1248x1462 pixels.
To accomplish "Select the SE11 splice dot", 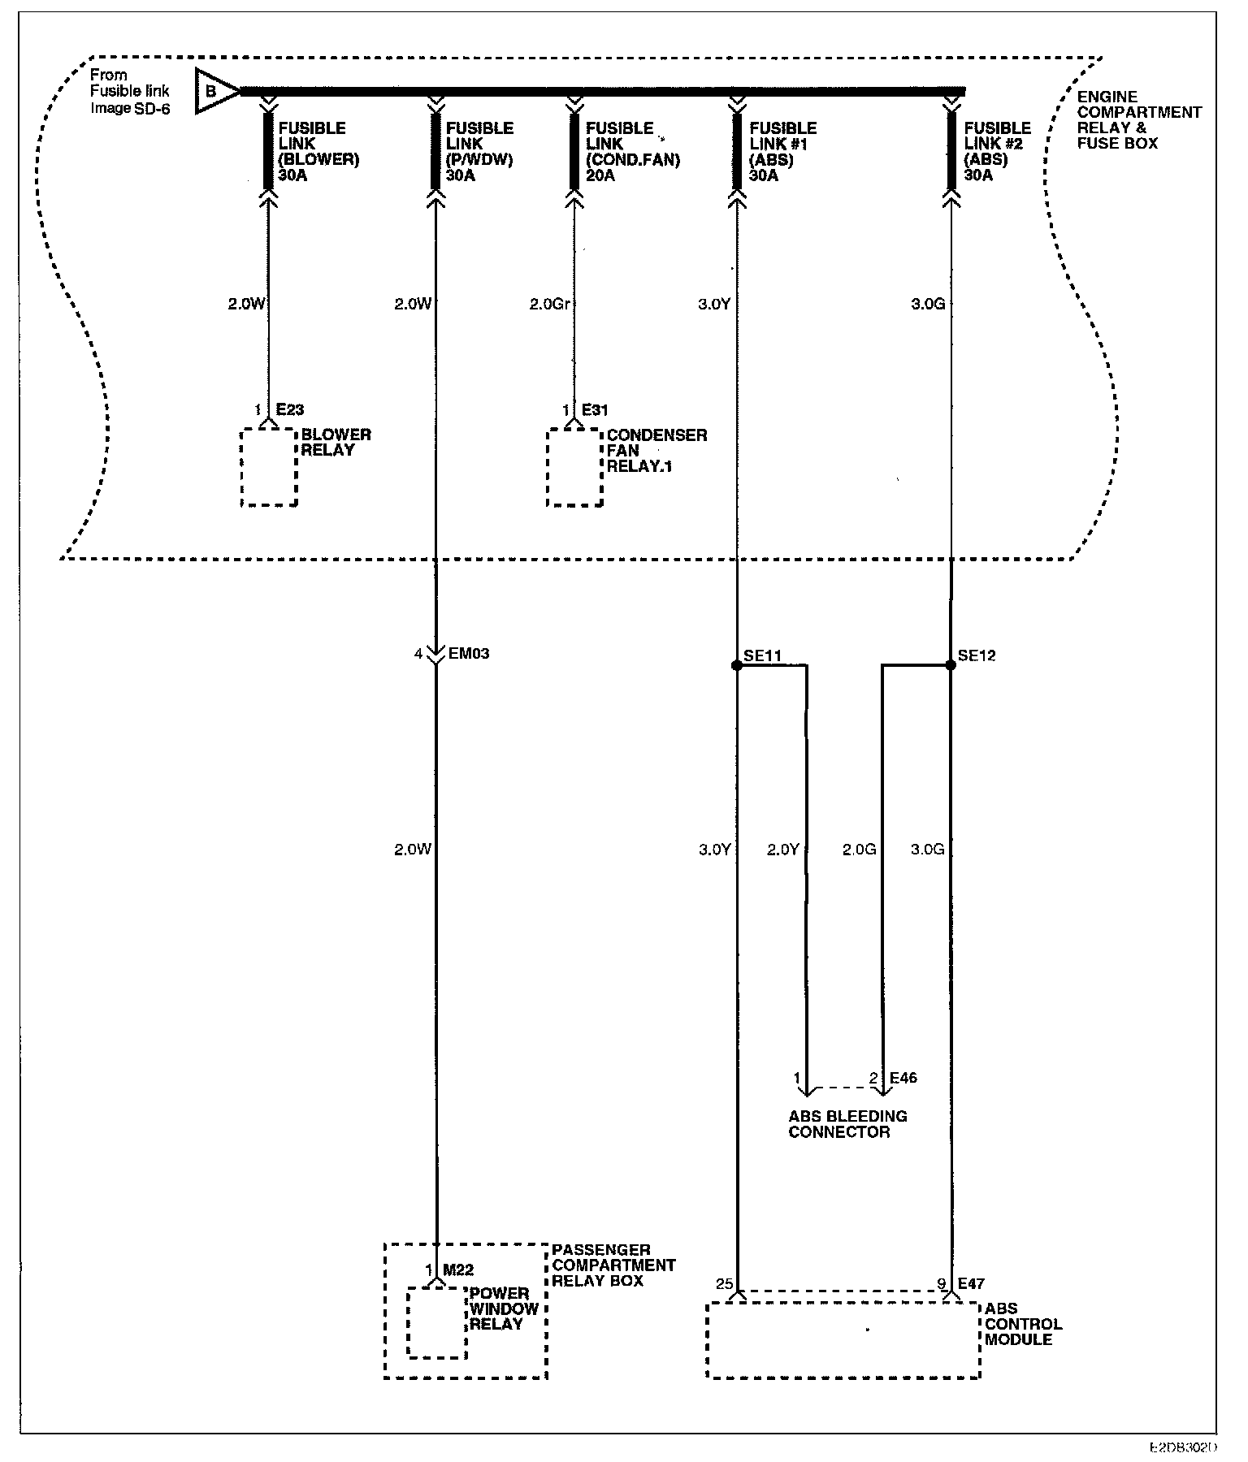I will (737, 665).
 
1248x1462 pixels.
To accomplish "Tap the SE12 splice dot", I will (951, 665).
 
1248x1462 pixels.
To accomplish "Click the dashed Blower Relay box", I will (269, 467).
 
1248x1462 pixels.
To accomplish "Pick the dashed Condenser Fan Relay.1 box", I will (574, 467).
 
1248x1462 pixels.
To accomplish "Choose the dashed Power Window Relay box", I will (436, 1322).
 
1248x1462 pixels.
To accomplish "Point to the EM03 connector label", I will (469, 653).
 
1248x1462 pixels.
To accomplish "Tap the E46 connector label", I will (903, 1078).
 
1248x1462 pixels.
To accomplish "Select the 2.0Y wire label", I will (783, 850).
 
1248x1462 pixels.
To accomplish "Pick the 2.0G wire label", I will (859, 850).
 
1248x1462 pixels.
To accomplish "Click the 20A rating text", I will (600, 175).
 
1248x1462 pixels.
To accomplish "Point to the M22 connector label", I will (458, 1270).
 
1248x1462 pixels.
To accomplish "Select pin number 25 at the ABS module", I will (724, 1284).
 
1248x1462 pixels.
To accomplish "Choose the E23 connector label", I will (289, 410).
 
